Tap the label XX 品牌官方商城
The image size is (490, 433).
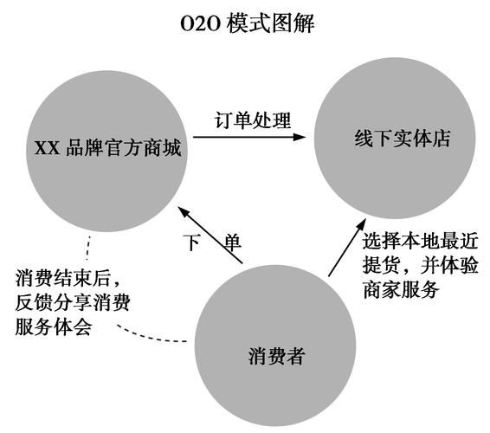pyautogui.click(x=107, y=148)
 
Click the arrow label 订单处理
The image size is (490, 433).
pyautogui.click(x=253, y=120)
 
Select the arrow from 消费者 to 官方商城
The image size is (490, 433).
pyautogui.click(x=213, y=234)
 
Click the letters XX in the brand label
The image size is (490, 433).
pyautogui.click(x=45, y=149)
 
